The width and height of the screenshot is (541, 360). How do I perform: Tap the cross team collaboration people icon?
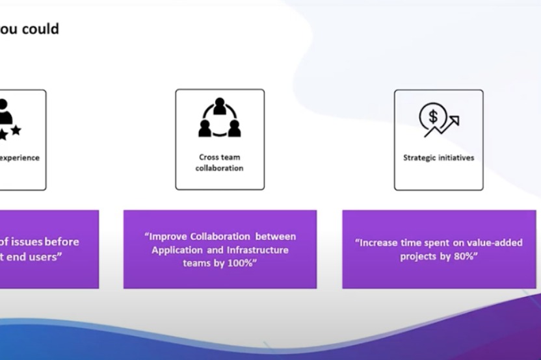(x=220, y=118)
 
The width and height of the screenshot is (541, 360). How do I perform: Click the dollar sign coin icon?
(x=433, y=118)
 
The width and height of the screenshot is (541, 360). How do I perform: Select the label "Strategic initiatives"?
(x=438, y=158)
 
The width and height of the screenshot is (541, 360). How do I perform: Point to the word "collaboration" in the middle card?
(x=219, y=168)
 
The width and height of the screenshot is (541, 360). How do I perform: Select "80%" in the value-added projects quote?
(x=466, y=256)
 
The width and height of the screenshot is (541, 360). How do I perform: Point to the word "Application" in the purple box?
(x=177, y=250)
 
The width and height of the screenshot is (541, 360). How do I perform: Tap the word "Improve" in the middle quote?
(x=165, y=237)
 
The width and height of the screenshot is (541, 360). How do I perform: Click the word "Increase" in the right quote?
(x=378, y=243)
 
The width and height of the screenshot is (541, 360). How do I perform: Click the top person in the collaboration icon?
(x=220, y=106)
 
